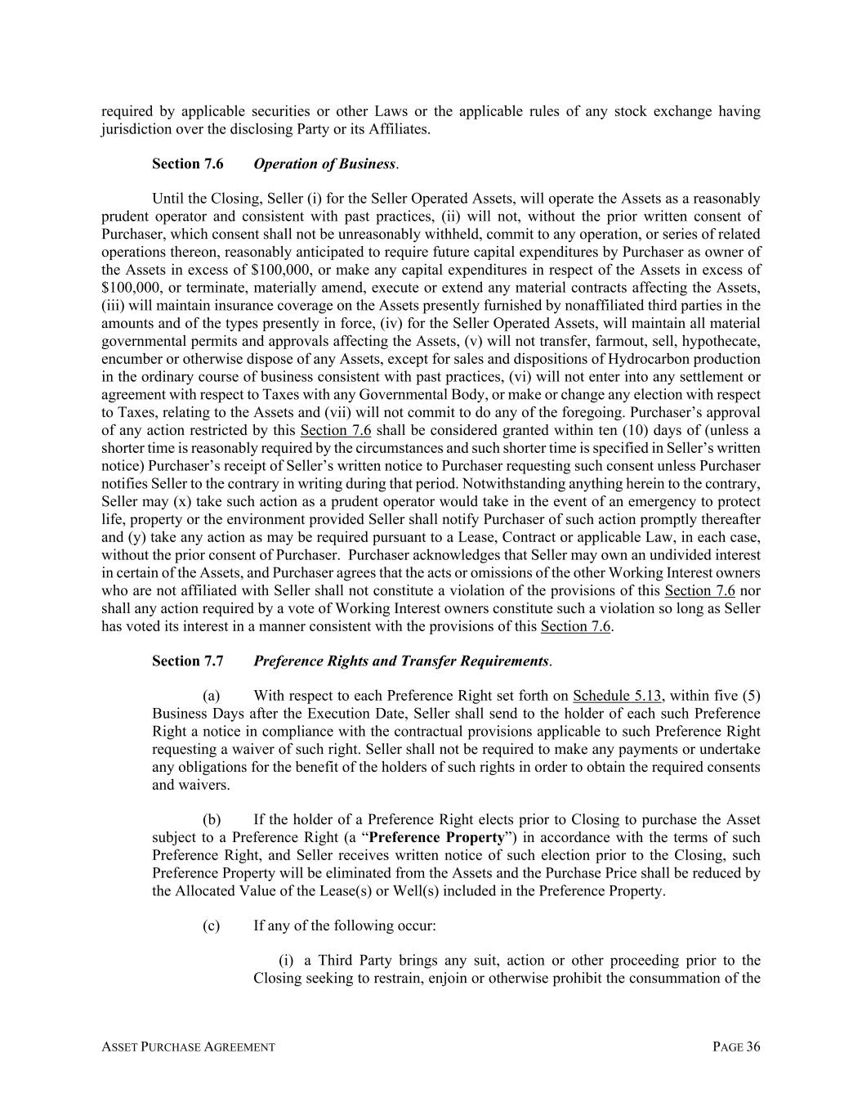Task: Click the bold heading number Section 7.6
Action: coord(187,164)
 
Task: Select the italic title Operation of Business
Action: coord(324,164)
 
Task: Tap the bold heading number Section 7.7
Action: coord(187,661)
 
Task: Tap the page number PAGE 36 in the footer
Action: coord(736,1047)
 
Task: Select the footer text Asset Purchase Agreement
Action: coord(188,1047)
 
